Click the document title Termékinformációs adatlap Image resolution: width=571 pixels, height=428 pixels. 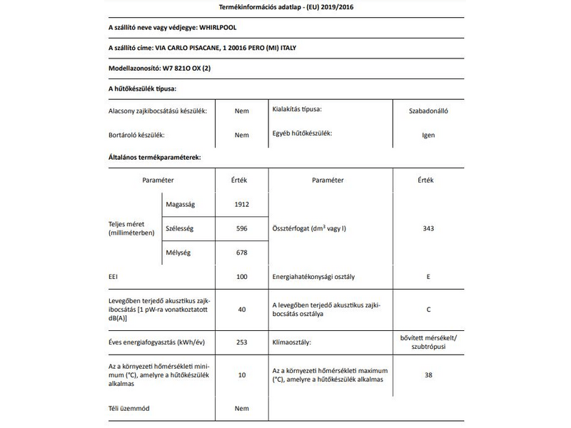point(285,7)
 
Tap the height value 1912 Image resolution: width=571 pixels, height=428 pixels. point(241,205)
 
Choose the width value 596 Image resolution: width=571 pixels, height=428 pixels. point(241,228)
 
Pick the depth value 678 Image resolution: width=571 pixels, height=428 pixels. point(241,252)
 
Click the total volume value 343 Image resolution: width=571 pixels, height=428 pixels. point(428,228)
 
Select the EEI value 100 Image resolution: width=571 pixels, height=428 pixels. point(241,275)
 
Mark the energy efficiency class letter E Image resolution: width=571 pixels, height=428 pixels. point(428,275)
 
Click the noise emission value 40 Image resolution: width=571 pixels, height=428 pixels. point(241,309)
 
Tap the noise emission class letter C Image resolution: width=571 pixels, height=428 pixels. point(428,309)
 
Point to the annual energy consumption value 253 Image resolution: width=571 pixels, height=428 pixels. point(241,342)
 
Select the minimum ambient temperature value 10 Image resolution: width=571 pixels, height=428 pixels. point(241,374)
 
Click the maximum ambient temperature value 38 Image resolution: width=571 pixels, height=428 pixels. point(428,374)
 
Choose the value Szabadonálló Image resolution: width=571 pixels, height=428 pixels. point(428,111)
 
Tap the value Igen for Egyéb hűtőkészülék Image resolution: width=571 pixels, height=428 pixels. point(428,135)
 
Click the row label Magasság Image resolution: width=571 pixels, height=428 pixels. point(180,205)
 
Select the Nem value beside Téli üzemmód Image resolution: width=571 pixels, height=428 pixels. point(241,409)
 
